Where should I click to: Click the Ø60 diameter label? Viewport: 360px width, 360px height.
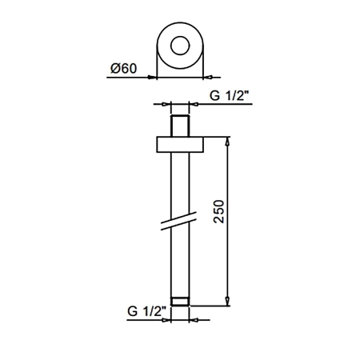coord(124,68)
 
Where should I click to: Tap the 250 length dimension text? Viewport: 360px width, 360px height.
coord(219,211)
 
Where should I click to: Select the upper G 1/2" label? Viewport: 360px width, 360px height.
coord(230,95)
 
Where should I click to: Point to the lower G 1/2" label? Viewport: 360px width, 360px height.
coord(146,311)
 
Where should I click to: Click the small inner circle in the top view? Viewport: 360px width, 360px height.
coord(180,46)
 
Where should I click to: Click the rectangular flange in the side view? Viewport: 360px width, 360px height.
coord(180,145)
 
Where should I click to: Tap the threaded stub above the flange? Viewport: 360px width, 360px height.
coord(180,126)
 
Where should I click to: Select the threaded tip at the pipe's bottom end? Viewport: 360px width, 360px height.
coord(180,302)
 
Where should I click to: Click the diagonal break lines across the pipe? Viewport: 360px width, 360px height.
coord(178,221)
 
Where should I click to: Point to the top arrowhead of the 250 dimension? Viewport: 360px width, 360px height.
coord(227,141)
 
